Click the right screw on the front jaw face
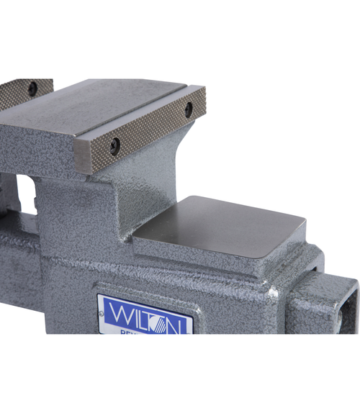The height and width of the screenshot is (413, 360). (x=189, y=109)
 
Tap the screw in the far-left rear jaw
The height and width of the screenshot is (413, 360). (x=32, y=88)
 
